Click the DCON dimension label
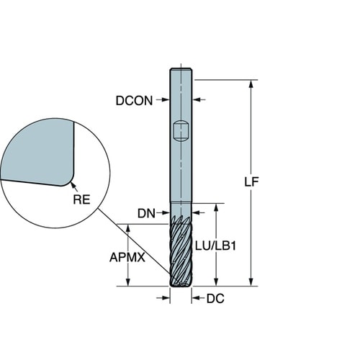134,101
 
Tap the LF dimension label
251,182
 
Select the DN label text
146,213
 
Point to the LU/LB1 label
215,246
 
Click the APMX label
127,258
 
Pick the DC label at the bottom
215,299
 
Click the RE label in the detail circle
81,199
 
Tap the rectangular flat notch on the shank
181,132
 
